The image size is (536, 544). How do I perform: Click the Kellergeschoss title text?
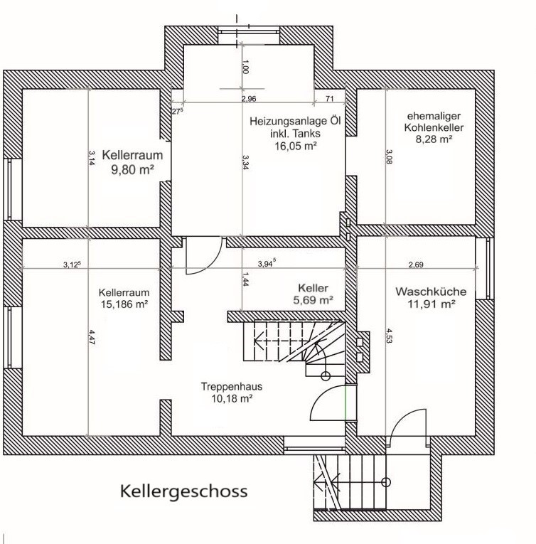pos(184,492)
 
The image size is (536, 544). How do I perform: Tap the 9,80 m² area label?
pos(132,170)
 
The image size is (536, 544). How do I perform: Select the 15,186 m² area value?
pos(124,304)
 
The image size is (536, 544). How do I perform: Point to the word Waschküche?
pos(431,292)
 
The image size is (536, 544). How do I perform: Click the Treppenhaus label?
pos(232,387)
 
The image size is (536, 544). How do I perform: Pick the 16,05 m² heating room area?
pos(296,146)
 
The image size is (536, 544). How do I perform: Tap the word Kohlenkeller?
pos(434,128)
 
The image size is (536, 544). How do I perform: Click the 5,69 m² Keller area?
pos(313,300)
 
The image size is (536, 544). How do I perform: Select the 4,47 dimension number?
pos(92,337)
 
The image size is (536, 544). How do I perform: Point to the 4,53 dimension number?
pos(389,336)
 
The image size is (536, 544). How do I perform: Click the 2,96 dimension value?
pos(249,99)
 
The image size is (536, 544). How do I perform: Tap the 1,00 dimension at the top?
pos(245,67)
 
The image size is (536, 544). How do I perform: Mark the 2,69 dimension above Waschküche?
pos(416,265)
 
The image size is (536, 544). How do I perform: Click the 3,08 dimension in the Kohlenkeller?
pos(389,157)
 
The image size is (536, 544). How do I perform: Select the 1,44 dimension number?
pos(245,279)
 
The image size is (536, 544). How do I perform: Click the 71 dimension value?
pos(330,99)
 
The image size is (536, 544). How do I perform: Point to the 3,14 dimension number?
pos(92,158)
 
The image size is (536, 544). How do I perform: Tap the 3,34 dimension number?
pos(245,162)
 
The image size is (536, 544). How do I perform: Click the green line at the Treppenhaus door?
pos(345,402)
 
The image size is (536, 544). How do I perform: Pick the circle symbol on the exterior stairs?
pos(386,482)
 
